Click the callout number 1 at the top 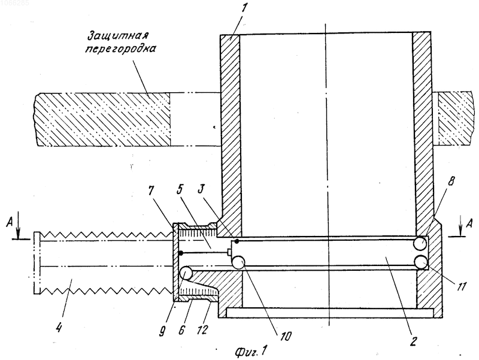coord(244,8)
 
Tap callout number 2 coord(413,340)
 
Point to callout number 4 coord(59,327)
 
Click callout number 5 coord(180,190)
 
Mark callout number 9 coord(162,331)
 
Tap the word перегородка coord(120,50)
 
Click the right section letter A coord(470,221)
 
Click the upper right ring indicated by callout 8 coord(420,243)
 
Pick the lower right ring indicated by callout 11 coord(420,262)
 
